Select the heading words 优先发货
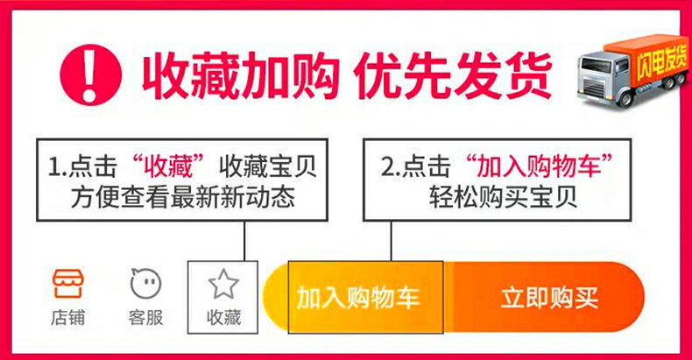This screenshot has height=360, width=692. coord(453,75)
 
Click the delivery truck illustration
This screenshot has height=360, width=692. coord(631,75)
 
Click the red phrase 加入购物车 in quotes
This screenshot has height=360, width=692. coord(537,165)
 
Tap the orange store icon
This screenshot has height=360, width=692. coord(68,283)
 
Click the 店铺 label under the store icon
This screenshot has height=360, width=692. coord(68,317)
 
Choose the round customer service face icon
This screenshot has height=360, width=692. coord(145,283)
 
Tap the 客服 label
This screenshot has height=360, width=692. coord(145,317)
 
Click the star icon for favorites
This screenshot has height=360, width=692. coord(223,284)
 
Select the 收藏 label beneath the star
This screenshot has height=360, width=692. coord(223,317)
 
